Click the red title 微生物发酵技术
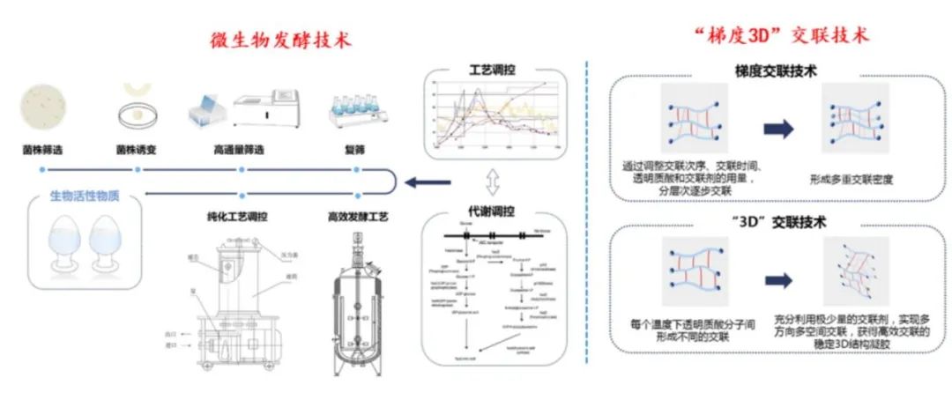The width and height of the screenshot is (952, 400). (279, 40)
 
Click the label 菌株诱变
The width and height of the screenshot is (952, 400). (136, 148)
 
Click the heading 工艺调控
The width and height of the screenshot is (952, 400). (493, 69)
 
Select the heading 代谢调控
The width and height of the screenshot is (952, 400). (493, 211)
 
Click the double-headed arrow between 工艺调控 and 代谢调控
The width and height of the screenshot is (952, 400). (493, 183)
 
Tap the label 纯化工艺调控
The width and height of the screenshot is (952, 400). (238, 214)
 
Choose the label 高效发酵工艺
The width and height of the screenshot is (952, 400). (356, 214)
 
